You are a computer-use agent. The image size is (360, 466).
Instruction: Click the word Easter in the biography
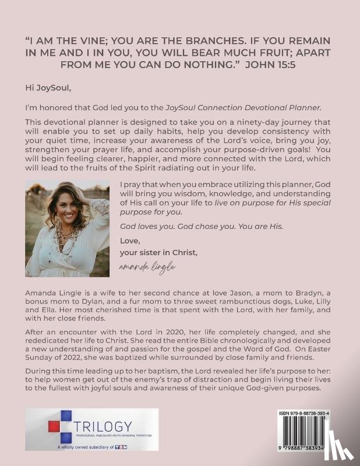309,348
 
